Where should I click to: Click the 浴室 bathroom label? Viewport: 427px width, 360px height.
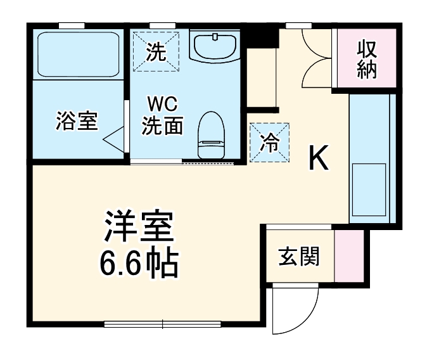click(x=77, y=120)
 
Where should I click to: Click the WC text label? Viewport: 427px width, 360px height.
click(x=160, y=103)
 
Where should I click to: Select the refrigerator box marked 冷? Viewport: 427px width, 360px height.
click(x=270, y=143)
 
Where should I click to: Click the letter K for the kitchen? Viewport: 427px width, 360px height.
click(x=319, y=159)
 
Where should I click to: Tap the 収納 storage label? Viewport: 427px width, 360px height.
click(x=367, y=58)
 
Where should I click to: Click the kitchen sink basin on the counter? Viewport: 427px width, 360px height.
click(x=369, y=189)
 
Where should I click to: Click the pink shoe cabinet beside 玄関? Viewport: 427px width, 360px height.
click(x=348, y=256)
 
